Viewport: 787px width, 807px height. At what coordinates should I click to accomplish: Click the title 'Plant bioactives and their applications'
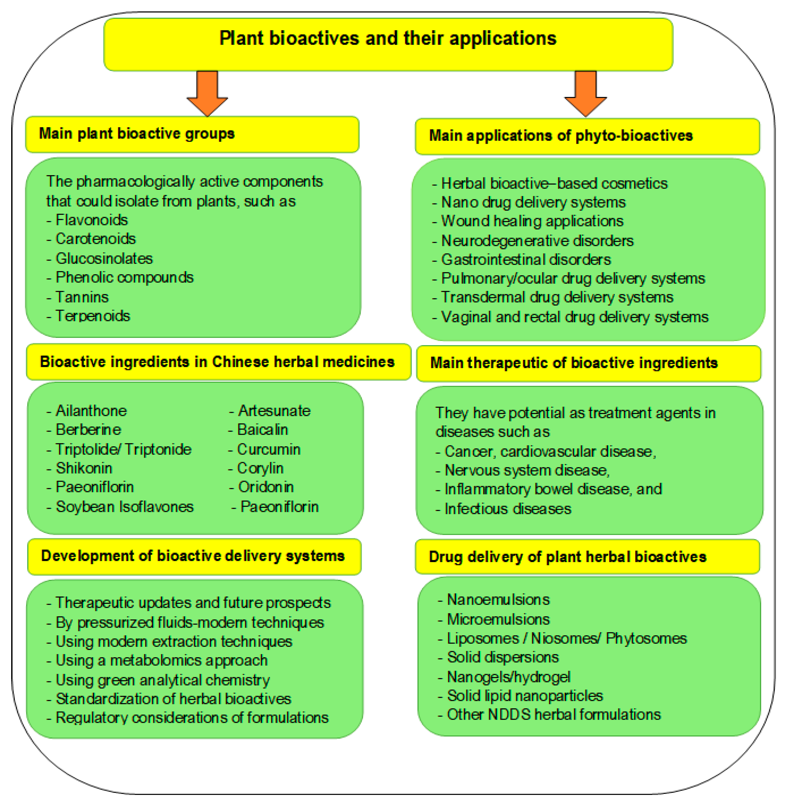[388, 38]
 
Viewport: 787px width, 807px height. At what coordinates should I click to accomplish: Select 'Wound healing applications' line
[532, 221]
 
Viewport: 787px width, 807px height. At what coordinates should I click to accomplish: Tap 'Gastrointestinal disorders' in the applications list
[526, 259]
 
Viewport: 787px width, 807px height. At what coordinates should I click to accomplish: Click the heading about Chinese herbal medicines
[217, 362]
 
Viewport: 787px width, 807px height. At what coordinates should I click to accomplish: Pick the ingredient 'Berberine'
[88, 430]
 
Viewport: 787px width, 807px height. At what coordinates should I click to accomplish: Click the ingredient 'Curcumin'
[268, 449]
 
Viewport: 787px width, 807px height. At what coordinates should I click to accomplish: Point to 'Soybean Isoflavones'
[124, 507]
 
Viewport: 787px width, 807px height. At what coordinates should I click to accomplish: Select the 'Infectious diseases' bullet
[508, 509]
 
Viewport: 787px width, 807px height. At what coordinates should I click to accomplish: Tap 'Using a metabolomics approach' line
[161, 660]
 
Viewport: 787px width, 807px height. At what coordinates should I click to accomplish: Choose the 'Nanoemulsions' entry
[498, 599]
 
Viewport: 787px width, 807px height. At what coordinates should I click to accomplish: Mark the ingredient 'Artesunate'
[274, 411]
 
